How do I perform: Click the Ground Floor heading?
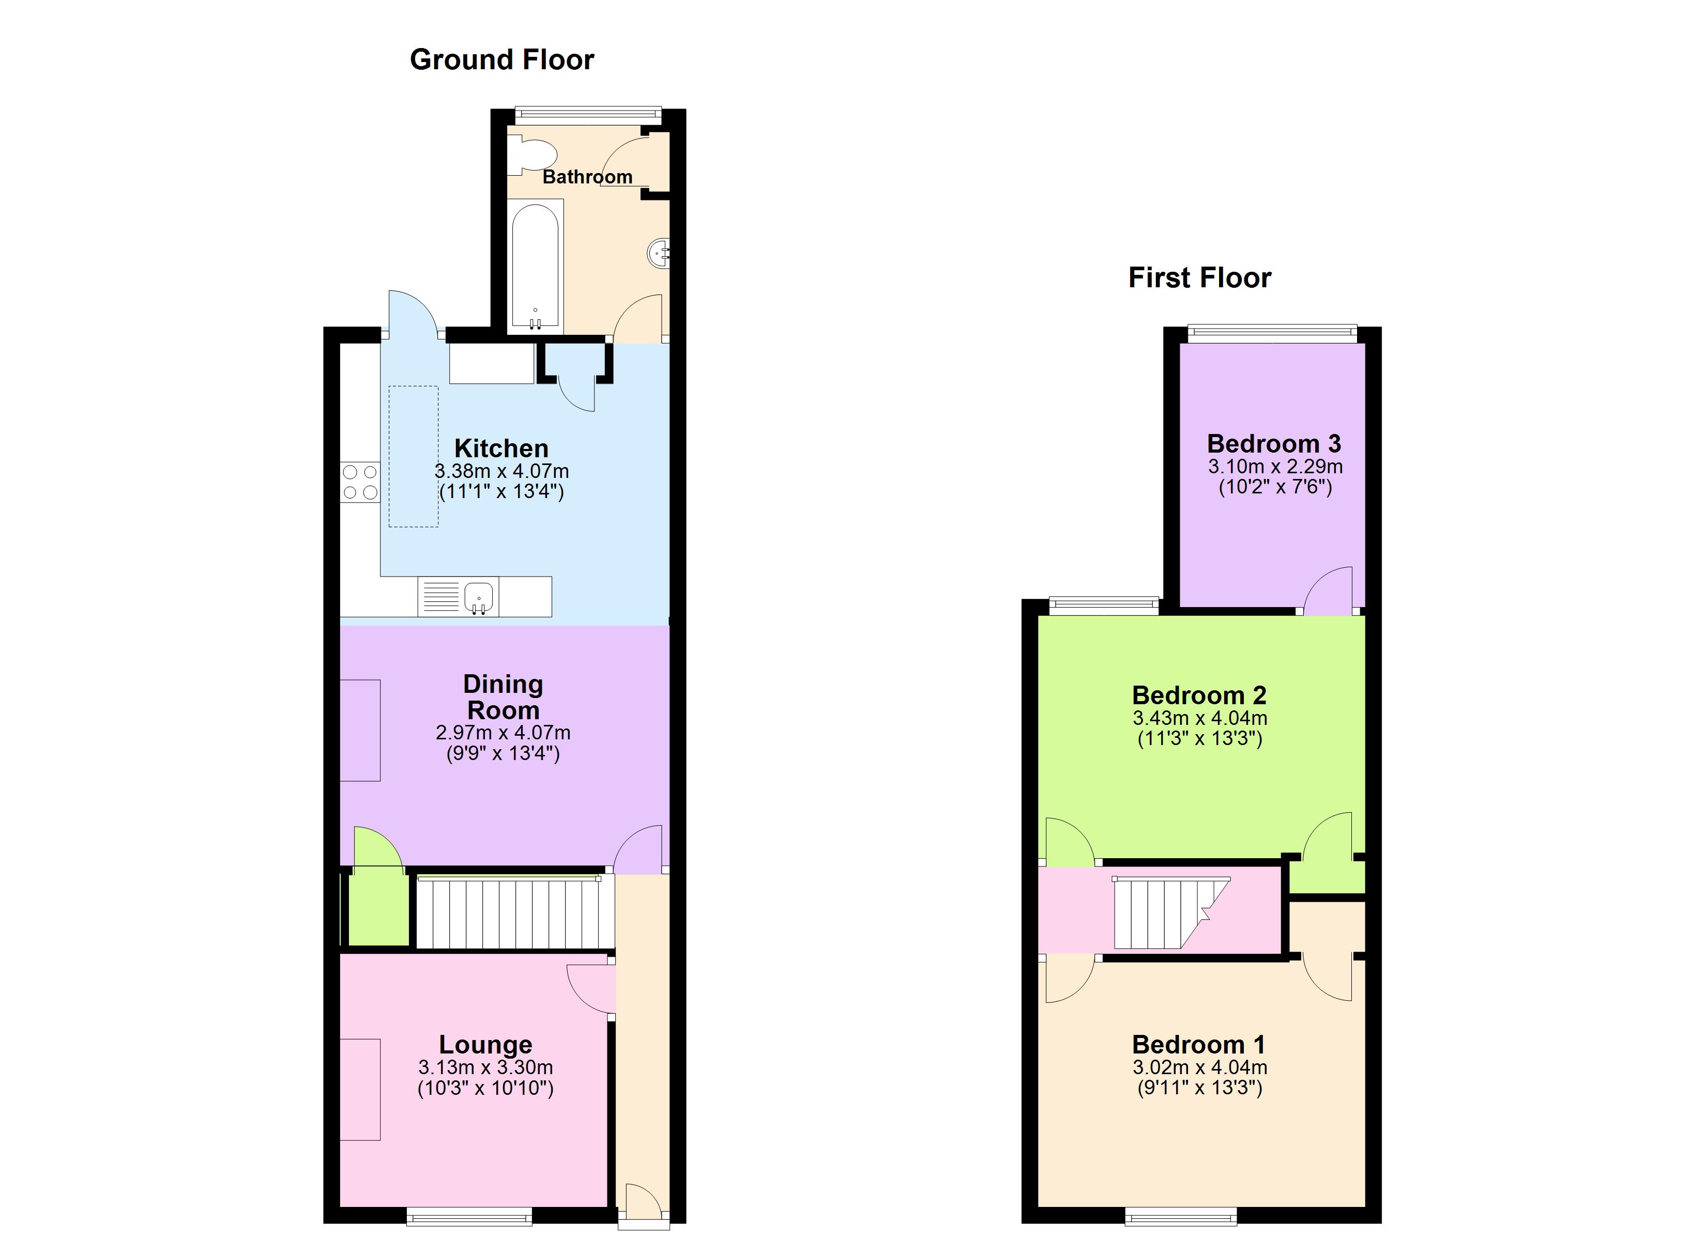pos(502,59)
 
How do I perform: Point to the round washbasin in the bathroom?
pos(658,253)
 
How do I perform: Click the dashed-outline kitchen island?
pos(413,456)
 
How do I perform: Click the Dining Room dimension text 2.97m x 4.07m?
pos(502,733)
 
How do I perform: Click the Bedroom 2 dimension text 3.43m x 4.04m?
pos(1200,718)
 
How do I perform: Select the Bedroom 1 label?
pos(1198,1045)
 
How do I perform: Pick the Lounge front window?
pos(469,1216)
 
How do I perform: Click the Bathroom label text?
pos(587,177)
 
